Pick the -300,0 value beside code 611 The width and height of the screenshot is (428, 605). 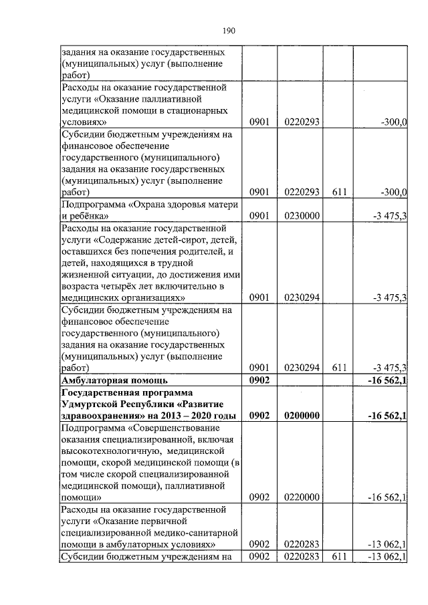pyautogui.click(x=393, y=192)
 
